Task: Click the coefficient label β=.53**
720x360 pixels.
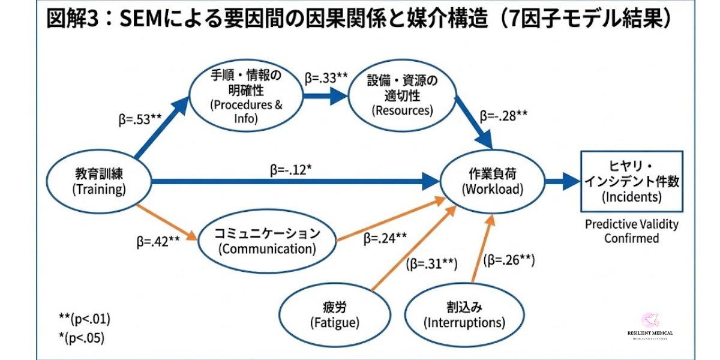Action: (140, 119)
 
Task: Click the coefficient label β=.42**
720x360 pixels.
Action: (158, 243)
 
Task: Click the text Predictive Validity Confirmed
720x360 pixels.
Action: (632, 231)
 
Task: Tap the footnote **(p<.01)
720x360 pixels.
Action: (85, 319)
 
